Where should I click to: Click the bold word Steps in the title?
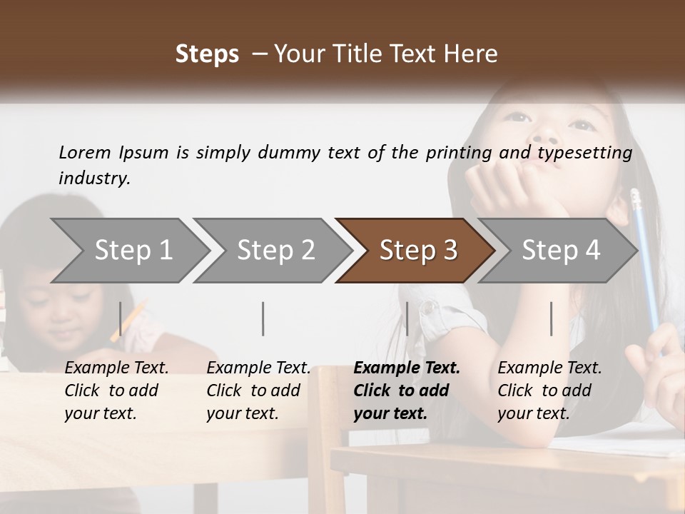click(207, 54)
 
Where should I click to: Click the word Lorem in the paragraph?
click(85, 152)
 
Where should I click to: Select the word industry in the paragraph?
click(94, 178)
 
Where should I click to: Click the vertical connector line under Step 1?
click(121, 318)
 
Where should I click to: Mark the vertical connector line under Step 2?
click(263, 318)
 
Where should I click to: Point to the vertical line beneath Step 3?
click(407, 318)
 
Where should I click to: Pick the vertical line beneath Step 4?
click(552, 318)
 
